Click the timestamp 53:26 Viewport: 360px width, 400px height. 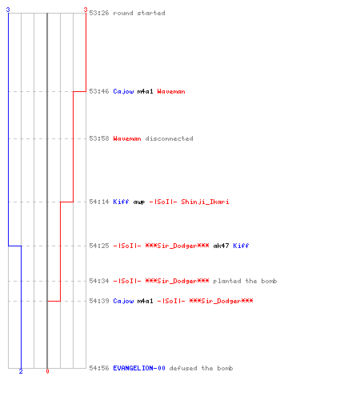(99, 13)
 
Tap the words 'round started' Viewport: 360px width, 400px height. (139, 13)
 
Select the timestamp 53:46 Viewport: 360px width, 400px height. (99, 91)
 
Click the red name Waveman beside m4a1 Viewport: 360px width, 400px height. (171, 91)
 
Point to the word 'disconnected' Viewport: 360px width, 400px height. (169, 138)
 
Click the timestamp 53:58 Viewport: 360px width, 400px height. (99, 138)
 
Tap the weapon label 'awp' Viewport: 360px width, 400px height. (139, 202)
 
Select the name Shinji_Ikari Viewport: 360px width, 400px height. (205, 202)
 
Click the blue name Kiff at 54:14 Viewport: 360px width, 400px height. (121, 202)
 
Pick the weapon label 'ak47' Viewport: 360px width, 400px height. (221, 246)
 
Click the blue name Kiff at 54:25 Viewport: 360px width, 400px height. (241, 246)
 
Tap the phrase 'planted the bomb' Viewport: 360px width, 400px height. (245, 281)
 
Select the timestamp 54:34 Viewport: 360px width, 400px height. (99, 281)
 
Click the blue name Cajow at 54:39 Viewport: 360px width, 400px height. (123, 301)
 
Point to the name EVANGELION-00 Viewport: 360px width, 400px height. (139, 368)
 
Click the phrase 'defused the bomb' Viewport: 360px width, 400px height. (201, 368)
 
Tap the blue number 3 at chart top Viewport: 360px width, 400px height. (8, 10)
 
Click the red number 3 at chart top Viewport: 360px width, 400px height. (86, 10)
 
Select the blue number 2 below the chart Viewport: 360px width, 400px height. (21, 371)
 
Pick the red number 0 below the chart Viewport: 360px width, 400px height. (47, 371)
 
